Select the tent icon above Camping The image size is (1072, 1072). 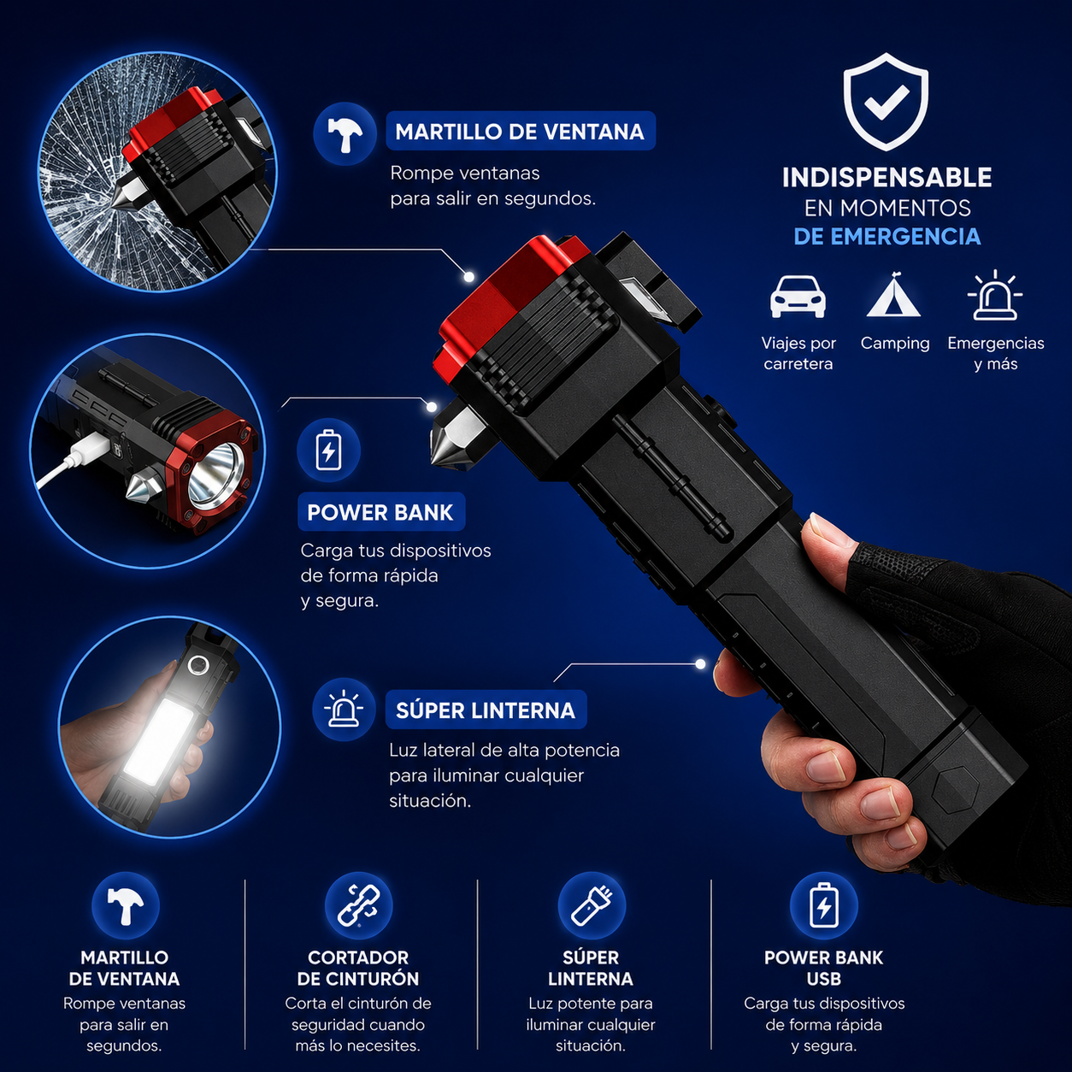(894, 295)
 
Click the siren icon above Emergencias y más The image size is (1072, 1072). (995, 296)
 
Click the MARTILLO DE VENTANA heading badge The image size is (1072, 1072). (521, 132)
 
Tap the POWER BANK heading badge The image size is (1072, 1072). (381, 512)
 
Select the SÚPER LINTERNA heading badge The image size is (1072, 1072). (486, 710)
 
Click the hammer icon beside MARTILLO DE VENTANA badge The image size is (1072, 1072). (345, 133)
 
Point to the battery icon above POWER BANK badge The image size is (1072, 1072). (329, 450)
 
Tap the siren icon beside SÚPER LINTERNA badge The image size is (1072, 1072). (344, 710)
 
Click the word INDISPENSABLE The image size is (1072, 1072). (886, 178)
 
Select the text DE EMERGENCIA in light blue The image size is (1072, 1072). (886, 237)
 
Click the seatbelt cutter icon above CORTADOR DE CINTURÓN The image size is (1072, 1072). (358, 905)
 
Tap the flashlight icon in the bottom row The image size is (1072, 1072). (592, 905)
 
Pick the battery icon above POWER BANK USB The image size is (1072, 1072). (824, 905)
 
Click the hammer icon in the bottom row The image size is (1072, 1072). (125, 905)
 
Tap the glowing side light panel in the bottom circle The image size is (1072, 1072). (157, 743)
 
